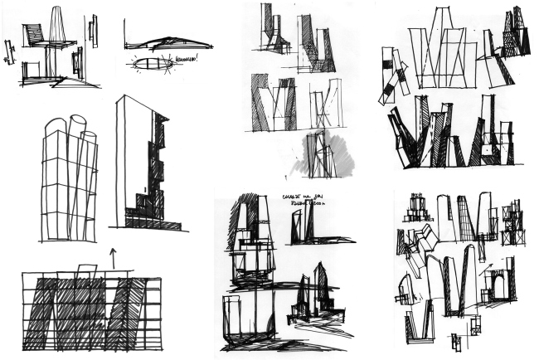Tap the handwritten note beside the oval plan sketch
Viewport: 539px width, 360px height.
click(185, 59)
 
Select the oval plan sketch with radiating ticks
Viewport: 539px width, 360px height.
click(149, 62)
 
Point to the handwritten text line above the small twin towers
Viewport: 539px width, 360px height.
click(308, 199)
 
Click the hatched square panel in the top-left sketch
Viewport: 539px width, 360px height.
click(34, 34)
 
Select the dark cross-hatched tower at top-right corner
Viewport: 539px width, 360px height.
click(516, 33)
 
